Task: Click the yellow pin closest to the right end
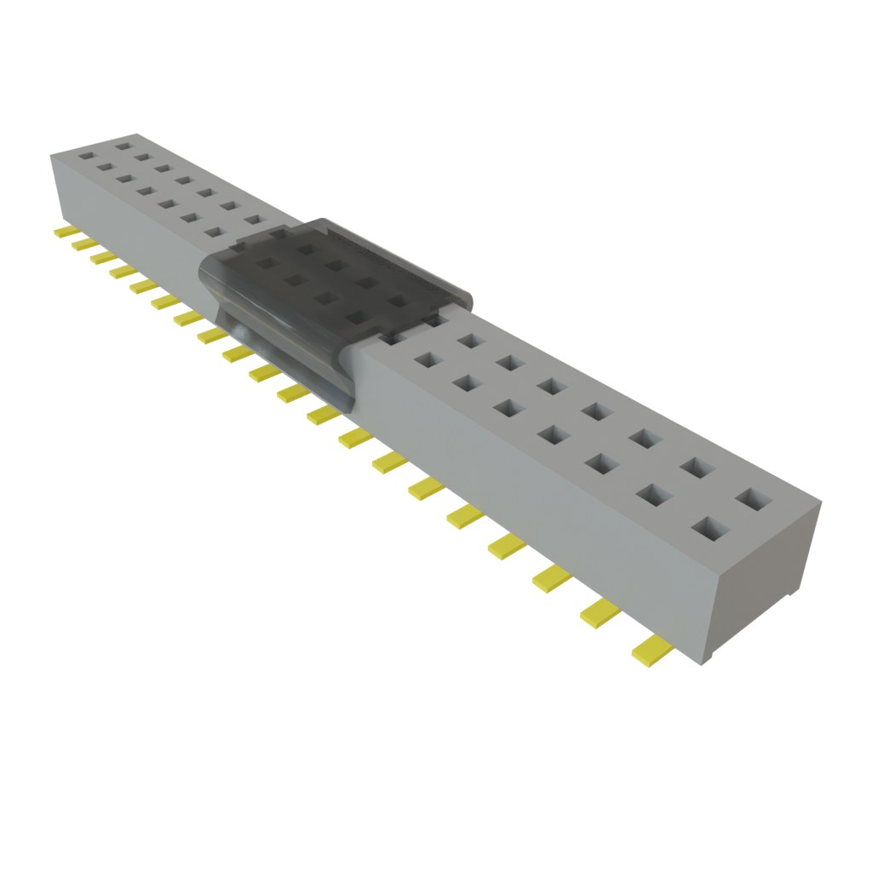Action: [651, 650]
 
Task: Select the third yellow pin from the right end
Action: [551, 580]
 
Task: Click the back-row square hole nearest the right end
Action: [751, 498]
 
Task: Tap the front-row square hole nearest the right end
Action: [710, 529]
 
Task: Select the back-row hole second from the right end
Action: [697, 468]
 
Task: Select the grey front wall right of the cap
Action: [528, 494]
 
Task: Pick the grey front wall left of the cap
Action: [128, 213]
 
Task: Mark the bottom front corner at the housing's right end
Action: [703, 665]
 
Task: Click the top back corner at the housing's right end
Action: [822, 502]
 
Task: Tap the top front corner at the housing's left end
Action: [51, 154]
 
